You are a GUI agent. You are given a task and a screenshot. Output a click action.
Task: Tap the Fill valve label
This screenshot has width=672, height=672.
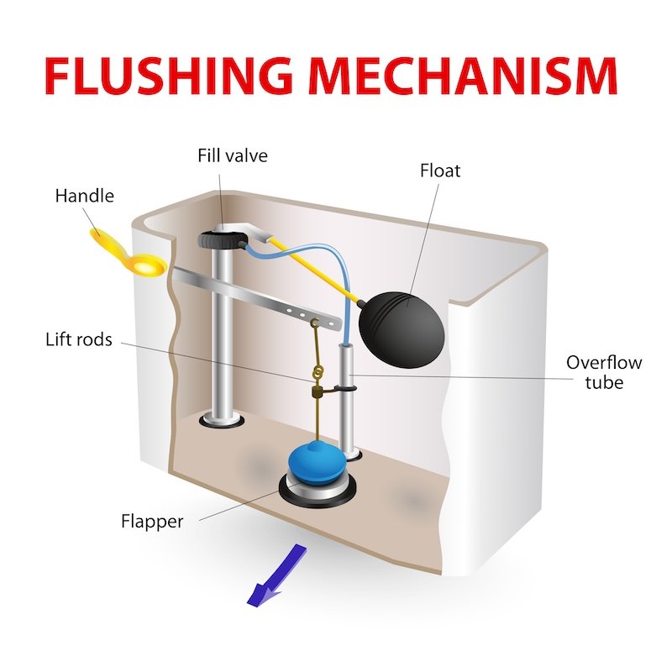[x=233, y=155]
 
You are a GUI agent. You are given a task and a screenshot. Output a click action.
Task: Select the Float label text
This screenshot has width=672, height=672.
[x=440, y=171]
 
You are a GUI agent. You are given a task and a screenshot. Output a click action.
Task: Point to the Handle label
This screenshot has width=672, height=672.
[x=84, y=197]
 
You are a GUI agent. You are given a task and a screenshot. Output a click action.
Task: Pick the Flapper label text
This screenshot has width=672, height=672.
[x=151, y=522]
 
